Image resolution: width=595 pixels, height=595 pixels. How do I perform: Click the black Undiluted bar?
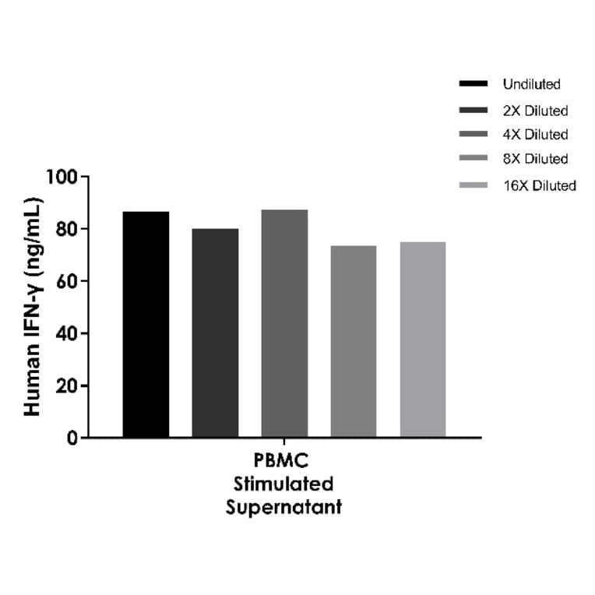tap(146, 324)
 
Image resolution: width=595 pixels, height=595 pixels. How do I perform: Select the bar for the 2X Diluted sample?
tap(215, 333)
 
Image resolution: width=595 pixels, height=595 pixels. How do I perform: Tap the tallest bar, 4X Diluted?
tap(284, 323)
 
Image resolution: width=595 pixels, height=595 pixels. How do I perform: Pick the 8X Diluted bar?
tap(354, 341)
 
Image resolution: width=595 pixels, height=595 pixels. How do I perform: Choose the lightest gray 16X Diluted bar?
tap(423, 340)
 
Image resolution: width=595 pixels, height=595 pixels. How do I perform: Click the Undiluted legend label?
tap(531, 84)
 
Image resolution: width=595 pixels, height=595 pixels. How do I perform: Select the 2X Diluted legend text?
tap(535, 111)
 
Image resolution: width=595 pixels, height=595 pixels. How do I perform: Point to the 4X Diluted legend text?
tap(535, 135)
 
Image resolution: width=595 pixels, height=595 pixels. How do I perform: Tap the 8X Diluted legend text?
tap(535, 159)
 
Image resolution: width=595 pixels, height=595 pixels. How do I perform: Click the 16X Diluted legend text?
tap(539, 185)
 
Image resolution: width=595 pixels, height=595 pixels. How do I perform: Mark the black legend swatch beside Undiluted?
tap(474, 83)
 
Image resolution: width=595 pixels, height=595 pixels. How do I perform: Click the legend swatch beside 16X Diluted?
tap(474, 185)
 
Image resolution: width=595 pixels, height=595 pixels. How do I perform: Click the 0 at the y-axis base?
tap(72, 438)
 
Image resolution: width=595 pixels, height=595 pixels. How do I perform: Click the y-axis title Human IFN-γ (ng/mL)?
tap(32, 307)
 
